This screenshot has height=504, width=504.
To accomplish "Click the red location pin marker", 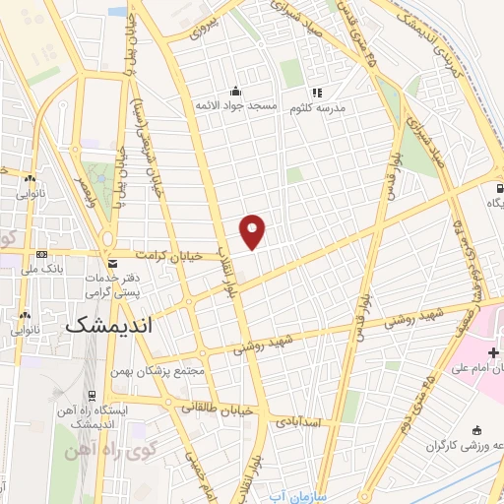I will tap(253, 230).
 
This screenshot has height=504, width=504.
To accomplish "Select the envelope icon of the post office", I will tap(112, 264).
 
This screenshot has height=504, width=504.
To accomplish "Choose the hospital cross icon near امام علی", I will tap(494, 351).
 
